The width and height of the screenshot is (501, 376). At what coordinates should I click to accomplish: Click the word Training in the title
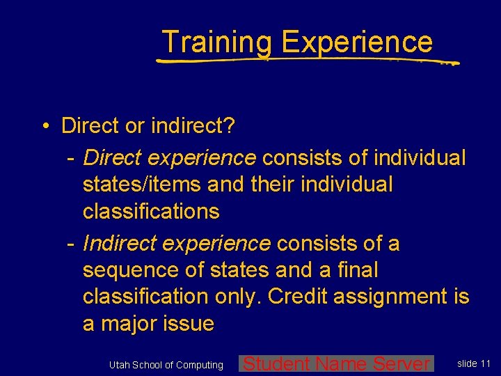coord(217,42)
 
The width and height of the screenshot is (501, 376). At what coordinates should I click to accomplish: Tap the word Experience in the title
coord(356,42)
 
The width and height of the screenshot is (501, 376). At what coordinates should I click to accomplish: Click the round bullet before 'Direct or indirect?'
coord(44,127)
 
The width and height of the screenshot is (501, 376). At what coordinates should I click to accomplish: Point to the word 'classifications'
coord(150,211)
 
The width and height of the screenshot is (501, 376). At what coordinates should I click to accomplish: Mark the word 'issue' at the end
coord(189,323)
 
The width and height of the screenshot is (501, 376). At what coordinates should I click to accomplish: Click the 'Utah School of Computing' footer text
coord(166,365)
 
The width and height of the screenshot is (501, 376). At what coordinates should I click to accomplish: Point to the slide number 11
coord(485,363)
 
